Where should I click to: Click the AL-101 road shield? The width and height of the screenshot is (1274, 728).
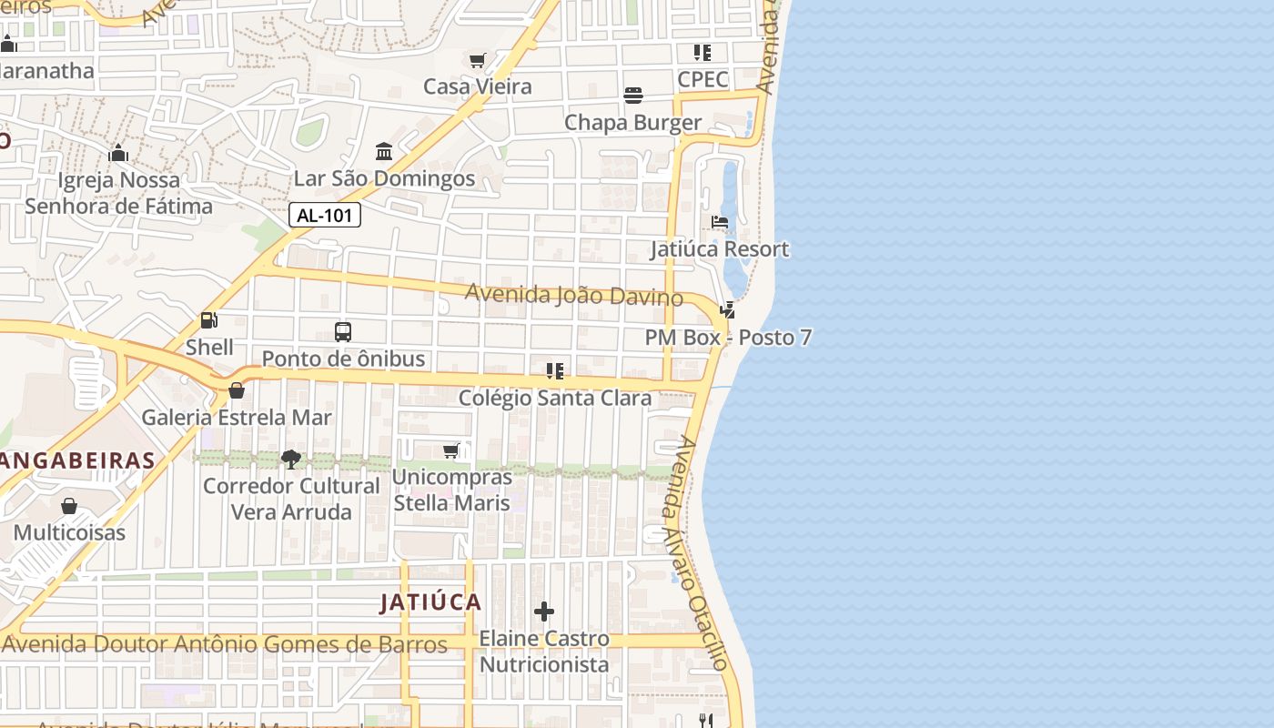325,215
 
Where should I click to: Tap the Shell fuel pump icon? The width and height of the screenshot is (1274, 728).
208,320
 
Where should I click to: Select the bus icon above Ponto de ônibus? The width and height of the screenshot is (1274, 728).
343,332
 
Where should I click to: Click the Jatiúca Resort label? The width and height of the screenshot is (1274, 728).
719,249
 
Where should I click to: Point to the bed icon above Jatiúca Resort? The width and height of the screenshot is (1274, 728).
720,222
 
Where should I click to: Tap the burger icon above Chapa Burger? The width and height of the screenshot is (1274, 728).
633,96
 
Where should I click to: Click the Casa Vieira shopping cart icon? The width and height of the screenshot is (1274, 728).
477,60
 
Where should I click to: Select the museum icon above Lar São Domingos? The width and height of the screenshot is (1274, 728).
384,151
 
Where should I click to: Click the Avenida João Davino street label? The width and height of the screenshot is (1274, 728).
574,295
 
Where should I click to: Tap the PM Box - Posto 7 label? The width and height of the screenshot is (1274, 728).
728,338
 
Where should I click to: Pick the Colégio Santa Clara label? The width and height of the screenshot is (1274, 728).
555,399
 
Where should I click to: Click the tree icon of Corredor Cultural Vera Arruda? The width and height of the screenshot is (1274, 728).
291,459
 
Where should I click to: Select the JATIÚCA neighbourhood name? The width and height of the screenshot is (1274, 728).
430,602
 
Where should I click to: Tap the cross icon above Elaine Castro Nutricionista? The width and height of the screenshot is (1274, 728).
544,612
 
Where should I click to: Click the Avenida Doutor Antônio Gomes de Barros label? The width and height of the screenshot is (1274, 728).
225,644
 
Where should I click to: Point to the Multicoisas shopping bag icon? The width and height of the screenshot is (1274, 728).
69,506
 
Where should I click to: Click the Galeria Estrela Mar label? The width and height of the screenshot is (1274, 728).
237,418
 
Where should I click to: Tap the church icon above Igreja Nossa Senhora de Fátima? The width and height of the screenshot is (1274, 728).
118,153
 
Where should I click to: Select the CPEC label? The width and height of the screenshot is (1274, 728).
703,80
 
